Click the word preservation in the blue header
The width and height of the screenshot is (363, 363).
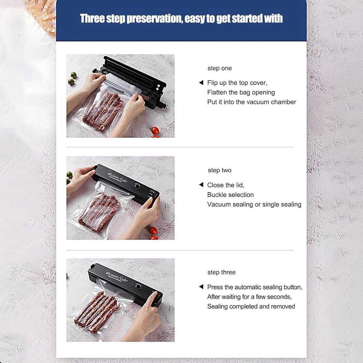(155, 19)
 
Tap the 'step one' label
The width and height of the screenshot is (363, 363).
(219, 68)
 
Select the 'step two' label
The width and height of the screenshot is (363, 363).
(219, 170)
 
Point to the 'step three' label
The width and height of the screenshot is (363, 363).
(221, 272)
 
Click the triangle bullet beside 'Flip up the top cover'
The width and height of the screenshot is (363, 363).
(201, 83)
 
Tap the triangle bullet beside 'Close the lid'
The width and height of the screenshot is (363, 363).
(201, 185)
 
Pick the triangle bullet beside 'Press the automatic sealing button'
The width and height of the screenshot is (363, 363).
(201, 287)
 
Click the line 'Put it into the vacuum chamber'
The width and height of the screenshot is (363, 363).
(252, 102)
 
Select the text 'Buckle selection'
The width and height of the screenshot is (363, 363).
(231, 195)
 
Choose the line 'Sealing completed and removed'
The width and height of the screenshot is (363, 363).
(251, 306)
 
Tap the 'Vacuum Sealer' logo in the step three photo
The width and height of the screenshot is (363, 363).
(117, 276)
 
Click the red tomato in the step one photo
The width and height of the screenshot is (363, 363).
(155, 130)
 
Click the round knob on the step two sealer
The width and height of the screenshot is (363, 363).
(137, 186)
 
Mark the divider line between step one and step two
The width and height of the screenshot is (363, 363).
(180, 147)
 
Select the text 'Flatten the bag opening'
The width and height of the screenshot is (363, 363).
(241, 93)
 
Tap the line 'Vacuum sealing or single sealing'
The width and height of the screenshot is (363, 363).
(254, 204)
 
